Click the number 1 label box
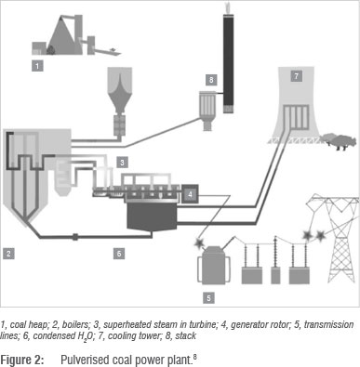pos(37,66)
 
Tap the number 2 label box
pos(8,254)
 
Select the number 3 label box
pos(122,162)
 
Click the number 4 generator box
pos(191,194)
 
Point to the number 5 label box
pos(208,298)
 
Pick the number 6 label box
pos(119,254)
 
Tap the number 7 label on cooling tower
pos(297,76)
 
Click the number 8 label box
pos(211,80)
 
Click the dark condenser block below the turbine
pos(152,216)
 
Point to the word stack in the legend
pos(185,336)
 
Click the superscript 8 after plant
pos(194,357)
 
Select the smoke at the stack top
pos(228,7)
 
